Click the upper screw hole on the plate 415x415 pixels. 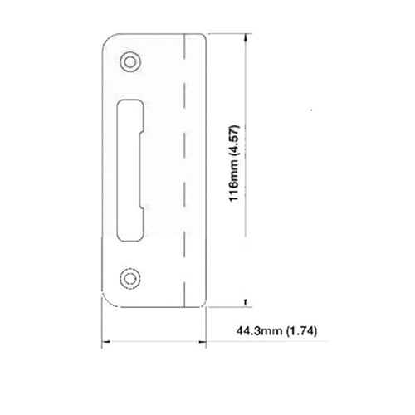tap(129, 61)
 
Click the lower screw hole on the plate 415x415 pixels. tap(129, 277)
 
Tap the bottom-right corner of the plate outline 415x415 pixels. tap(203, 305)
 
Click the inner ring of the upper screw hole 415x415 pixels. tap(129, 61)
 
